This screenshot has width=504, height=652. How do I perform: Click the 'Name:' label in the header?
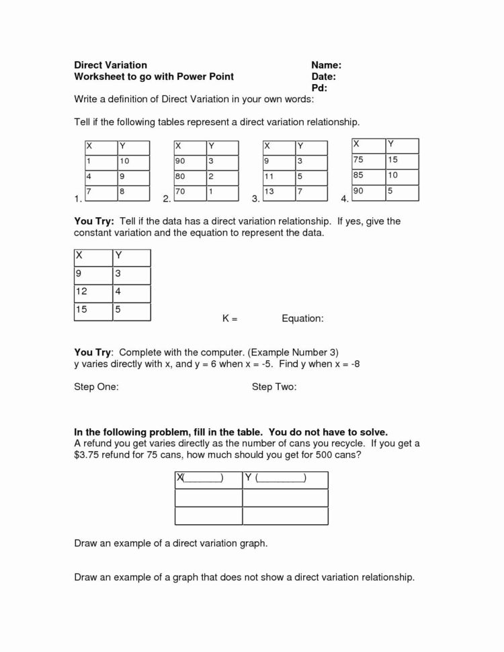[x=327, y=65]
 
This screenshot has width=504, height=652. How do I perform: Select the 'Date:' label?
[x=324, y=77]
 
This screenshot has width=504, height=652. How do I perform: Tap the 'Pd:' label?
[x=319, y=88]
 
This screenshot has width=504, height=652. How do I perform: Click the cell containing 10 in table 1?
[x=132, y=161]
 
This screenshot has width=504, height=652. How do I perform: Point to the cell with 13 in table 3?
[x=277, y=192]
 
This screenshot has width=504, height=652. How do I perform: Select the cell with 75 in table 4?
[x=368, y=159]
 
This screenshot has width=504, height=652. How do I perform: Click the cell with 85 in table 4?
[x=368, y=175]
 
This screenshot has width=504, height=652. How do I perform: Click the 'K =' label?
[x=230, y=319]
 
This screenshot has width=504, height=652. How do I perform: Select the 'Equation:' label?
[x=303, y=319]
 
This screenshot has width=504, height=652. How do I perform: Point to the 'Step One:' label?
[x=97, y=387]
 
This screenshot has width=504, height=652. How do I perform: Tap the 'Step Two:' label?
[x=274, y=387]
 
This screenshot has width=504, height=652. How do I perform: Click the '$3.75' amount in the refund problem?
[x=87, y=455]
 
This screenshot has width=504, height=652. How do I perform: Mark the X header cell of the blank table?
[x=208, y=479]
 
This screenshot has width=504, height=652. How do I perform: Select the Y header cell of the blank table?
[x=285, y=479]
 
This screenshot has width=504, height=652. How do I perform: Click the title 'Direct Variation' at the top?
[x=110, y=65]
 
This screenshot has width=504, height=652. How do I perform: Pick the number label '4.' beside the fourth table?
[x=345, y=199]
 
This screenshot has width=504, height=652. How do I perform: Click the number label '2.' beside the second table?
[x=167, y=199]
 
